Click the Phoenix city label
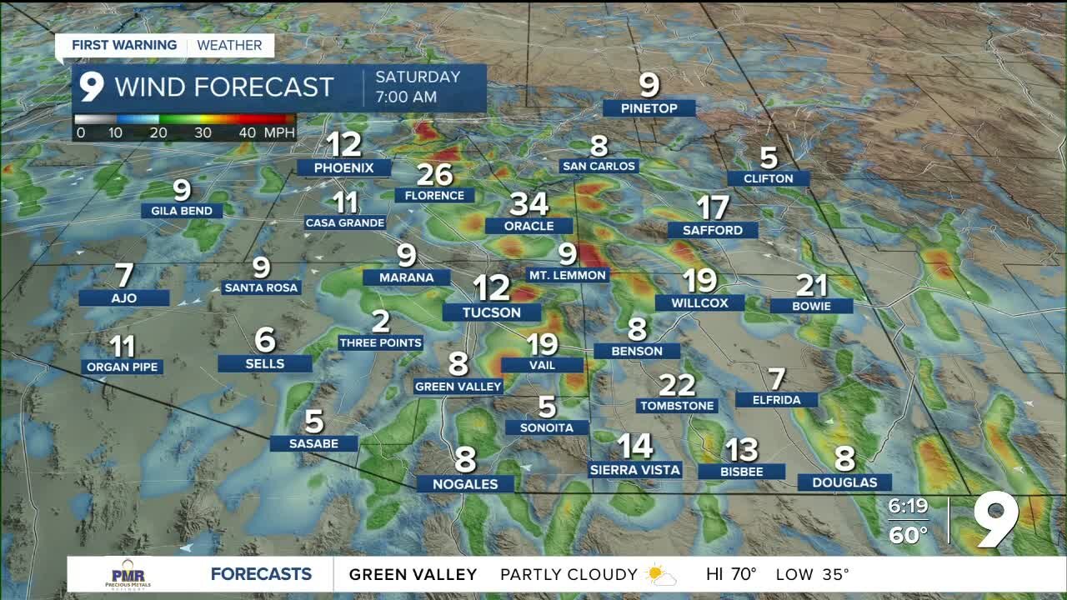tap(343, 167)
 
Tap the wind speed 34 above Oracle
tap(528, 203)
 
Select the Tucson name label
tap(493, 312)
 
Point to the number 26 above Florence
tap(434, 175)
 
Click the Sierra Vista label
tap(634, 470)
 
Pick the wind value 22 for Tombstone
tap(676, 385)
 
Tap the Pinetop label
tap(649, 108)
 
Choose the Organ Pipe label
tap(122, 367)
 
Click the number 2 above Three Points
tap(380, 321)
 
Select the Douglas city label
tap(844, 482)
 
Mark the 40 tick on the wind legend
tap(247, 132)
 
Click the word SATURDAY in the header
tap(418, 77)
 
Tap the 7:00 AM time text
tap(406, 97)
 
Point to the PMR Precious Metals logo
tap(128, 574)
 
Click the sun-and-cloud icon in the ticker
tap(660, 574)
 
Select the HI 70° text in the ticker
tap(731, 574)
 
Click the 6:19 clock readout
tap(908, 506)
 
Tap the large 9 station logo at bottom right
tap(995, 520)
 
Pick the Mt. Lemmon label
tap(568, 275)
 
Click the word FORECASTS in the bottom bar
tap(261, 574)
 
